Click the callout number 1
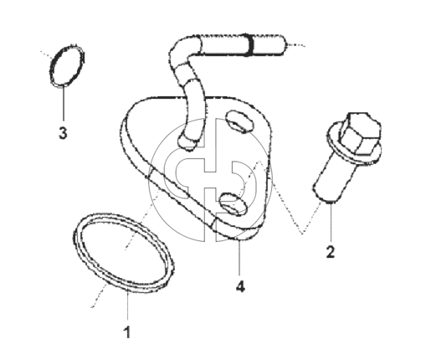click(127, 332)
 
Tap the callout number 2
click(330, 252)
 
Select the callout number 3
click(63, 132)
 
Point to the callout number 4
click(240, 286)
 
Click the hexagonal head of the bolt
click(360, 133)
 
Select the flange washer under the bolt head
click(352, 145)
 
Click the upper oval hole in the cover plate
click(239, 121)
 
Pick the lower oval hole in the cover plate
click(233, 204)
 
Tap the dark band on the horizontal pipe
click(250, 44)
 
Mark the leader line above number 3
click(64, 103)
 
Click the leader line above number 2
click(331, 222)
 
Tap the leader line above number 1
click(127, 306)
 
